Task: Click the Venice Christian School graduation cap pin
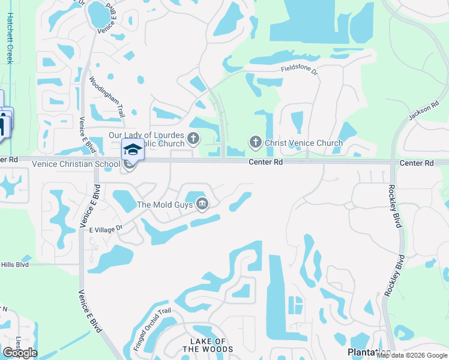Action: [133, 149]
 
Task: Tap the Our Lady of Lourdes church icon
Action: [193, 139]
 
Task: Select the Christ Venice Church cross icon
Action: [255, 142]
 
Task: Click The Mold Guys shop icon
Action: [202, 205]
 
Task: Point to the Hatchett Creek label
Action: [10, 38]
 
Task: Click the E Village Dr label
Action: [106, 228]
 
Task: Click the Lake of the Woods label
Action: [203, 345]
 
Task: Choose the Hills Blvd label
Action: [14, 264]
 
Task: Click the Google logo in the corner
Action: [20, 352]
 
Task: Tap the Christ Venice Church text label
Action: [304, 143]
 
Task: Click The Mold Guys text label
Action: [164, 205]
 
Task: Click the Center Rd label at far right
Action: [417, 163]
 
